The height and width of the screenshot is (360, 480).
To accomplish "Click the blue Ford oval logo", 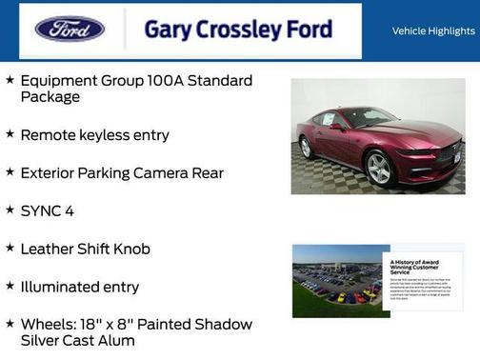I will pyautogui.click(x=70, y=29).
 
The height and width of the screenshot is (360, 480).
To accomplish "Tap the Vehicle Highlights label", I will pyautogui.click(x=433, y=30).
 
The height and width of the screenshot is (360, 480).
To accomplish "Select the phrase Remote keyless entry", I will pyautogui.click(x=94, y=135).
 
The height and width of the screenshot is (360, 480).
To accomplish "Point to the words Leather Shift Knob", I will pyautogui.click(x=85, y=249).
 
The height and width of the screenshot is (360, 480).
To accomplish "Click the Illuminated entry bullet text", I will pyautogui.click(x=80, y=287).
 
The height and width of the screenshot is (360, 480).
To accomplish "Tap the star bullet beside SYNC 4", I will pyautogui.click(x=10, y=210).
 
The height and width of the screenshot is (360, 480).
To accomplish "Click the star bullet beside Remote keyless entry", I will pyautogui.click(x=10, y=134).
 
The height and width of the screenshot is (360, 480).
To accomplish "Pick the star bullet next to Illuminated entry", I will pyautogui.click(x=10, y=286).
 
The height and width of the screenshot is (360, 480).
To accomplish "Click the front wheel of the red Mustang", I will pyautogui.click(x=378, y=168).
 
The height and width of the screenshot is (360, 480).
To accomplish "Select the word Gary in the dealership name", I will pyautogui.click(x=168, y=29).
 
